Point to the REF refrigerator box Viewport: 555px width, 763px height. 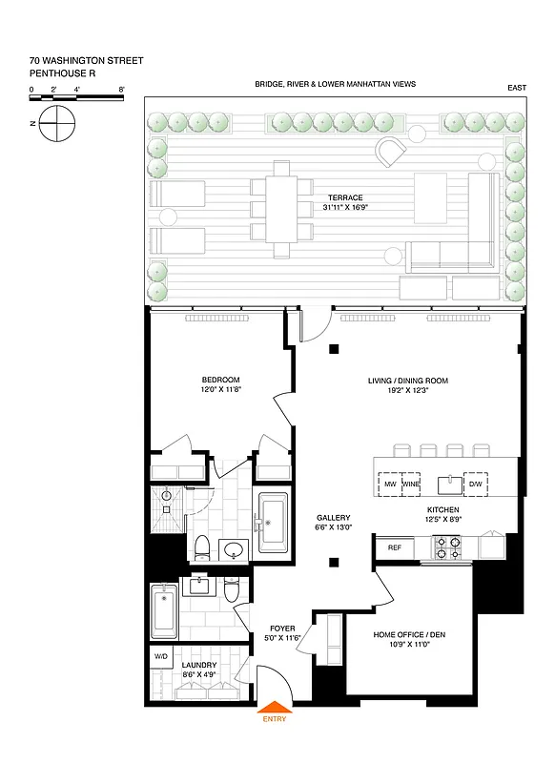394,547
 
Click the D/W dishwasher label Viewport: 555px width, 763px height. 475,485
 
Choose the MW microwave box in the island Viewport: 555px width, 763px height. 390,485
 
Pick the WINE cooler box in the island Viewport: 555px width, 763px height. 411,485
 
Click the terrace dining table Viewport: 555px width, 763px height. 281,209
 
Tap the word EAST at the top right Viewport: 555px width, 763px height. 517,89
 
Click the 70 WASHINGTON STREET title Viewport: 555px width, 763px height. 87,60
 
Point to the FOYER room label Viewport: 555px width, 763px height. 281,628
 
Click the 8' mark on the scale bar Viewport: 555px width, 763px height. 122,89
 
